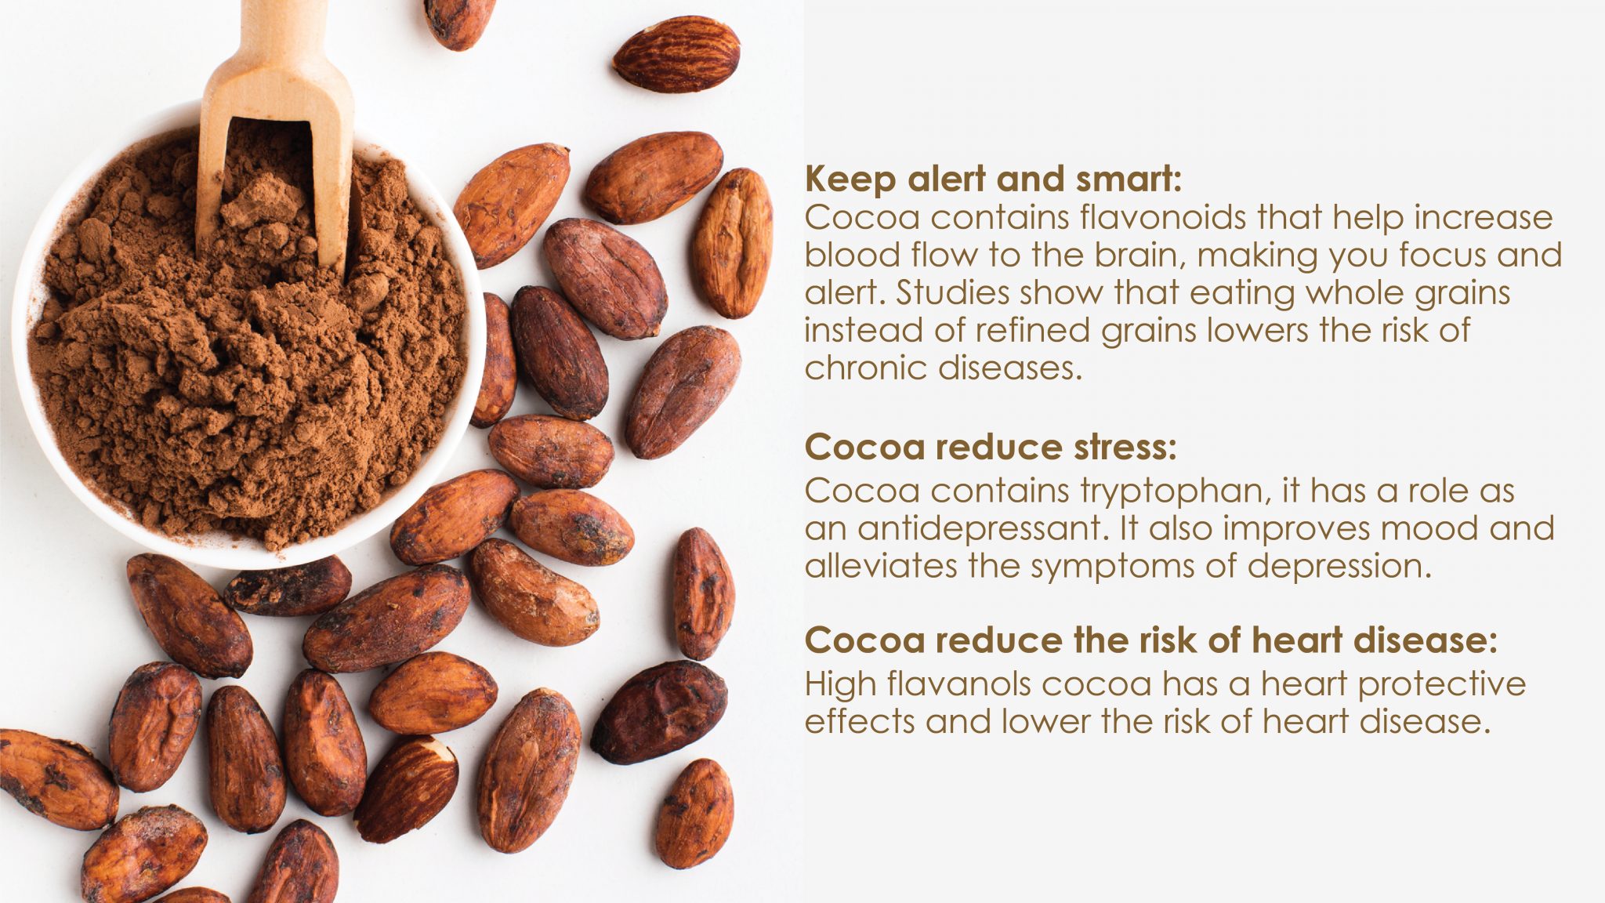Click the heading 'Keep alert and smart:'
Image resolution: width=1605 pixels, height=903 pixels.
point(992,180)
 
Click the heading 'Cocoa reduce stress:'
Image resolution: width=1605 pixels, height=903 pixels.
point(991,448)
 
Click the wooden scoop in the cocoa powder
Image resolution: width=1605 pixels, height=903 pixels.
point(274,118)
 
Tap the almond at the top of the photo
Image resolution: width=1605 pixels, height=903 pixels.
point(676,54)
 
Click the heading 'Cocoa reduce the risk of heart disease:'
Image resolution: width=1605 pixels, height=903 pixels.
point(1151,640)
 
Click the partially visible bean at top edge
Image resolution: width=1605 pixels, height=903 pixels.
point(459,20)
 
